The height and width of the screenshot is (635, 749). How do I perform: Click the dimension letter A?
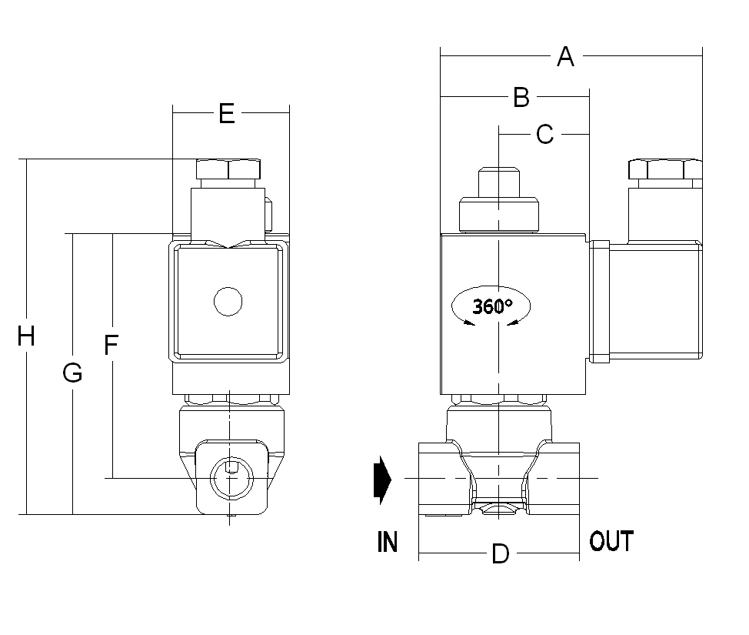point(565,56)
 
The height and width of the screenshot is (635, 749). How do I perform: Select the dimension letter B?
point(521,98)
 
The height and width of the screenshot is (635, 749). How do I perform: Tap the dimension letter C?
point(544,134)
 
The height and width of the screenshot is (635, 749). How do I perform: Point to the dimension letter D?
point(500,554)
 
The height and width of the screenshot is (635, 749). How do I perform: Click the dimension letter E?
point(226,113)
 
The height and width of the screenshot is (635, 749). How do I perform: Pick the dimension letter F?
point(112,346)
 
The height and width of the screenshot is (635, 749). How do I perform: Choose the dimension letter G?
point(72,373)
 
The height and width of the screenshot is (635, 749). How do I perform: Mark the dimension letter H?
point(26,336)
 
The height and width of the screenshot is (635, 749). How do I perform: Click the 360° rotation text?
point(492,306)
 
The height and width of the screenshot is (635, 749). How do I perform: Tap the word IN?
point(388,543)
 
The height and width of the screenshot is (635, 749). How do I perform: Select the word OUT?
point(611,541)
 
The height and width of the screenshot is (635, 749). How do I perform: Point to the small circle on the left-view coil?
point(228,302)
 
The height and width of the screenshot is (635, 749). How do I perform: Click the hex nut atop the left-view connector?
point(228,169)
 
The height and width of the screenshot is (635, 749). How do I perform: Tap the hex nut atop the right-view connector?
point(664,169)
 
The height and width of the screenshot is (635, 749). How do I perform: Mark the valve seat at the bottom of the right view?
point(499,508)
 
